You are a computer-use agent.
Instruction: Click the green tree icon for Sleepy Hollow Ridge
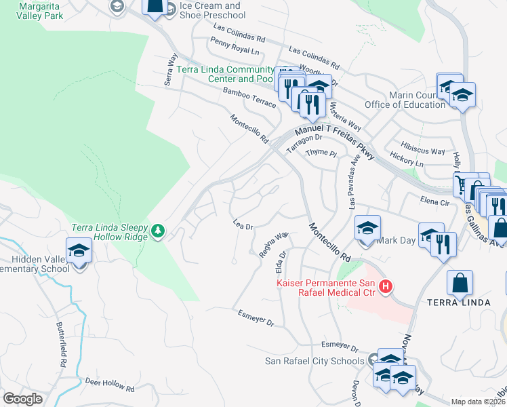157,232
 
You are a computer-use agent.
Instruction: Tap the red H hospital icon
385,288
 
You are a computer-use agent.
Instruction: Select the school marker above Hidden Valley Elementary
79,251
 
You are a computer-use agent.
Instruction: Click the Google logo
23,399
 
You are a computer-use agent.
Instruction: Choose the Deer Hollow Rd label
110,385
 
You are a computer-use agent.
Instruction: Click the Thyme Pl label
321,154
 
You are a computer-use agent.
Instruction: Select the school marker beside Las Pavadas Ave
367,228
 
